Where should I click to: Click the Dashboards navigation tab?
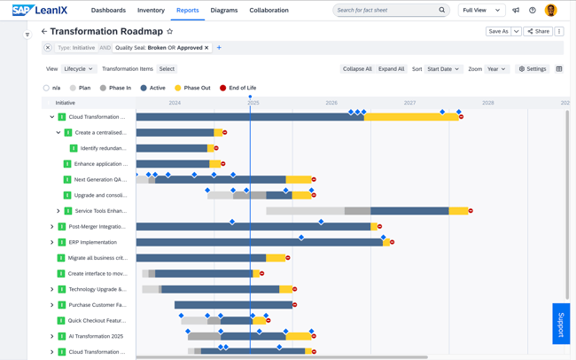pyautogui.click(x=108, y=11)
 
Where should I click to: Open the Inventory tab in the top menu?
pyautogui.click(x=151, y=11)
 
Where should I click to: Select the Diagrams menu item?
pyautogui.click(x=224, y=11)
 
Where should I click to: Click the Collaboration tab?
pyautogui.click(x=269, y=11)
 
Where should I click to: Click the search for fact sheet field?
pyautogui.click(x=385, y=11)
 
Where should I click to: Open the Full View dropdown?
pyautogui.click(x=481, y=11)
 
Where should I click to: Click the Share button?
pyautogui.click(x=538, y=31)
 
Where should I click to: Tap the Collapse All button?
pyautogui.click(x=357, y=69)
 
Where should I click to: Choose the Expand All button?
pyautogui.click(x=391, y=69)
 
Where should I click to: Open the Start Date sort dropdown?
pyautogui.click(x=443, y=69)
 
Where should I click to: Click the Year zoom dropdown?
pyautogui.click(x=496, y=69)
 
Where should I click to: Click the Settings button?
pyautogui.click(x=533, y=69)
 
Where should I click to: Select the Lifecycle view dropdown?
pyautogui.click(x=78, y=69)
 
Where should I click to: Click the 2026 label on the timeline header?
pyautogui.click(x=331, y=103)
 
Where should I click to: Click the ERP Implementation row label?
pyautogui.click(x=92, y=242)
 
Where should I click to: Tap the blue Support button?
pyautogui.click(x=560, y=324)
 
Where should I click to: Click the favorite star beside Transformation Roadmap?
pyautogui.click(x=170, y=31)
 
